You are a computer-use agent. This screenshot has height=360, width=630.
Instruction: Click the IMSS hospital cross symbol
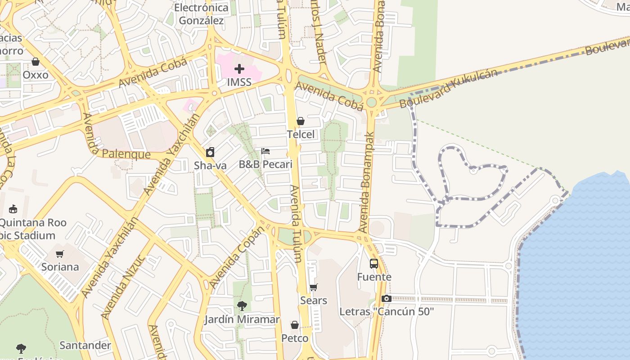tap(239, 69)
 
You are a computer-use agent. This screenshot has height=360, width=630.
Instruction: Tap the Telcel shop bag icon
tap(301, 121)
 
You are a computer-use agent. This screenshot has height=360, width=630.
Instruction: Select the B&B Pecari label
tap(265, 164)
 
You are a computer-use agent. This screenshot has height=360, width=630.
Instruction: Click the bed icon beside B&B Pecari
tap(265, 151)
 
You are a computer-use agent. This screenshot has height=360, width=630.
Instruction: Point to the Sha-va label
tap(210, 166)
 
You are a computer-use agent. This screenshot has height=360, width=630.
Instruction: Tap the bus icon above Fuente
tap(374, 263)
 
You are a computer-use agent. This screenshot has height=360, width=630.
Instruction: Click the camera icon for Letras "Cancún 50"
tap(386, 298)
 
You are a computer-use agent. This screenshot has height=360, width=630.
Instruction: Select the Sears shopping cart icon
tap(314, 287)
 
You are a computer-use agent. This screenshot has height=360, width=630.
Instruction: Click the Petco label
tap(295, 338)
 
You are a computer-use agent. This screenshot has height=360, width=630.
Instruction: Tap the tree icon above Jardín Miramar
tap(242, 306)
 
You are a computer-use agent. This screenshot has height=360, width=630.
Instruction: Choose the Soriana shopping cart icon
tap(60, 254)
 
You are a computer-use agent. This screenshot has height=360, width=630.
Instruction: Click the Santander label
tap(85, 346)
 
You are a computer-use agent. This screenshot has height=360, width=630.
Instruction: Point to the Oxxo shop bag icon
tap(36, 62)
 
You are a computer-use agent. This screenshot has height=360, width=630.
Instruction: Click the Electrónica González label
tap(201, 14)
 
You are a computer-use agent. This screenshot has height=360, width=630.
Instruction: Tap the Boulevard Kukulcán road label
tap(449, 88)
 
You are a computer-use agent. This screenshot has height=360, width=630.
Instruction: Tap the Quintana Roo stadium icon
tap(13, 209)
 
